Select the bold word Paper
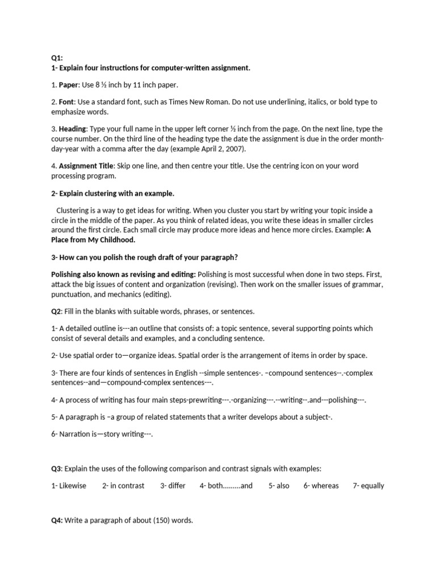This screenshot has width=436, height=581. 68,85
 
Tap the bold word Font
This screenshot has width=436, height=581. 66,102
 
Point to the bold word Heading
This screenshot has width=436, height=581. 72,129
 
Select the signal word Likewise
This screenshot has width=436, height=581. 73,486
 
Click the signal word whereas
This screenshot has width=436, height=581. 325,486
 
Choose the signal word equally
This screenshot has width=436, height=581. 372,486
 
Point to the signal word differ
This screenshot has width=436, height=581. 177,486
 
